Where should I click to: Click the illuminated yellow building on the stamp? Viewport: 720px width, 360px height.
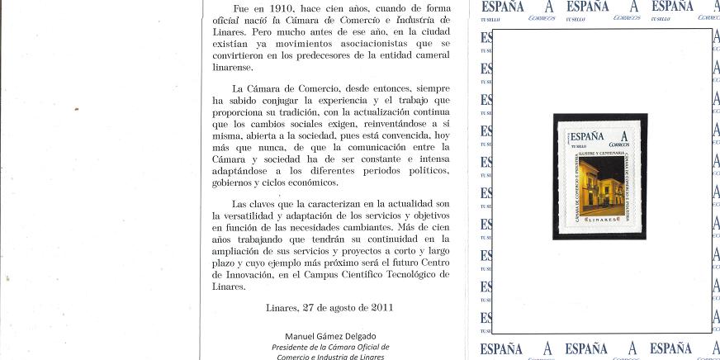[598, 186]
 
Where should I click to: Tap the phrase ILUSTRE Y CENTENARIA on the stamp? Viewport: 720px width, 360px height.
[604, 153]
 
